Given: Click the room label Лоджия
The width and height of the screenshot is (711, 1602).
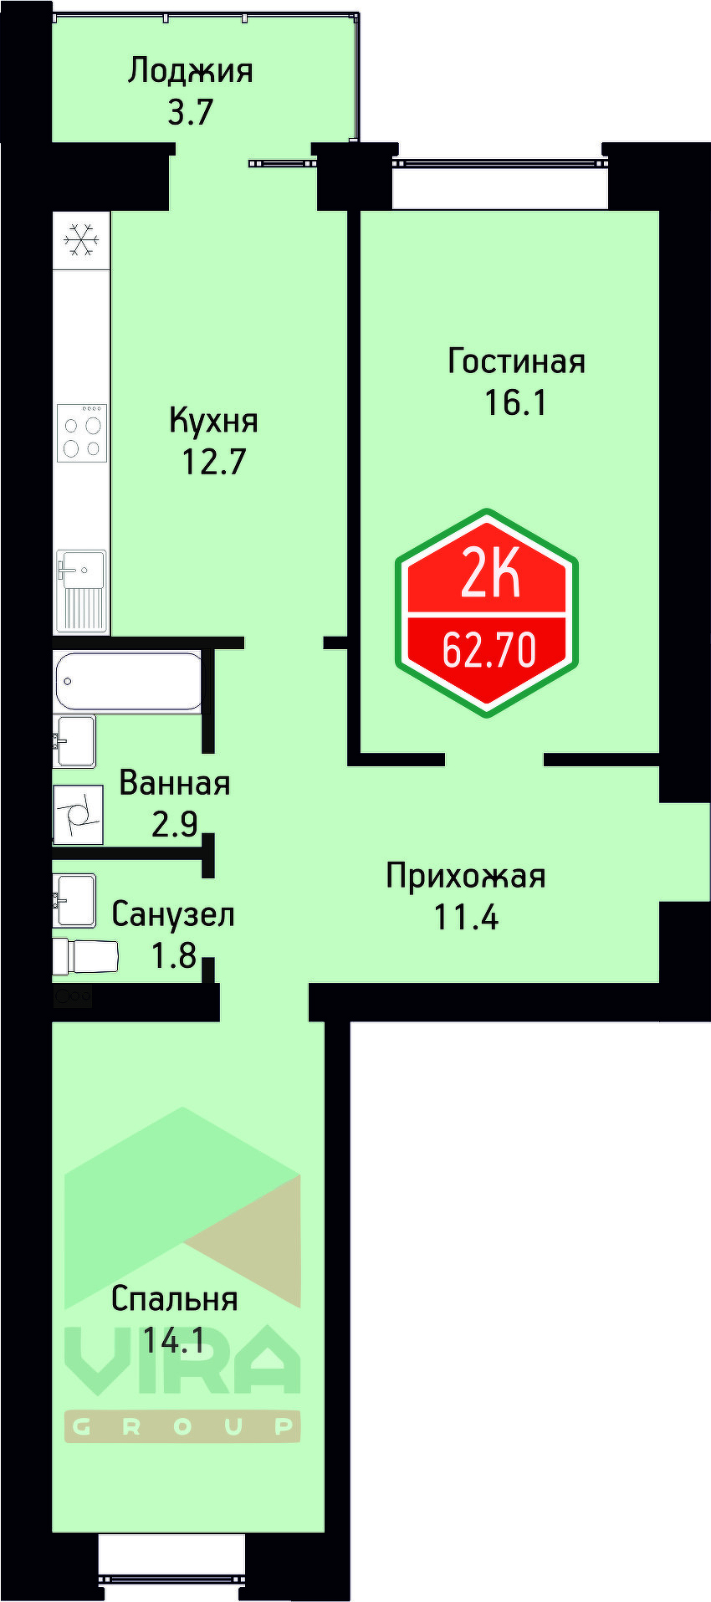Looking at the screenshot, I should pyautogui.click(x=190, y=71).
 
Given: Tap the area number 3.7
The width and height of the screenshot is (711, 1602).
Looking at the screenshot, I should pyautogui.click(x=191, y=111).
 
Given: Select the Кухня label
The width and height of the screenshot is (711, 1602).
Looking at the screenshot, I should pyautogui.click(x=213, y=420).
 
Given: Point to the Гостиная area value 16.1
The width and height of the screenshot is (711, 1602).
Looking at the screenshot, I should pyautogui.click(x=515, y=402).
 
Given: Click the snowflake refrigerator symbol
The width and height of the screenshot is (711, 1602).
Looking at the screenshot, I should pyautogui.click(x=82, y=240).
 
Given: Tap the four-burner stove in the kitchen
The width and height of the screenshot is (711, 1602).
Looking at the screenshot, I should pyautogui.click(x=82, y=432).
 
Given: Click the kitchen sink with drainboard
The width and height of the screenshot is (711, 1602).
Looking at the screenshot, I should pyautogui.click(x=81, y=591).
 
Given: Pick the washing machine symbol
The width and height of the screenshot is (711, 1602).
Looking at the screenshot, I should pyautogui.click(x=78, y=814).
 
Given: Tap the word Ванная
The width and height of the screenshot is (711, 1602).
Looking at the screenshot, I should pyautogui.click(x=174, y=784).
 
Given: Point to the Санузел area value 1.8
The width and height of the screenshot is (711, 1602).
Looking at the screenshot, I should pyautogui.click(x=173, y=955).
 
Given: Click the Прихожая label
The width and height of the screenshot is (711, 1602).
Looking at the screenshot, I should pyautogui.click(x=465, y=876).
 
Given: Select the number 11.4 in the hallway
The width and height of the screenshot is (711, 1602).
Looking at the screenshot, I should pyautogui.click(x=465, y=917).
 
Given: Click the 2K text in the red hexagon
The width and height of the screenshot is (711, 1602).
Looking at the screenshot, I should pyautogui.click(x=489, y=576).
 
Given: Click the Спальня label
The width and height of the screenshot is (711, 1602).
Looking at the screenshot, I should pyautogui.click(x=174, y=1299).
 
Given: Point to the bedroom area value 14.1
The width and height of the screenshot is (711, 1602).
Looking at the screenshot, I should pyautogui.click(x=173, y=1341).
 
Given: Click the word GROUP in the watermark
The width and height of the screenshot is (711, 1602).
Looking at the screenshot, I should pyautogui.click(x=182, y=1427).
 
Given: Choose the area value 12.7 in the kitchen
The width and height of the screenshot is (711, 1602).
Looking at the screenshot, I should pyautogui.click(x=213, y=461).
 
